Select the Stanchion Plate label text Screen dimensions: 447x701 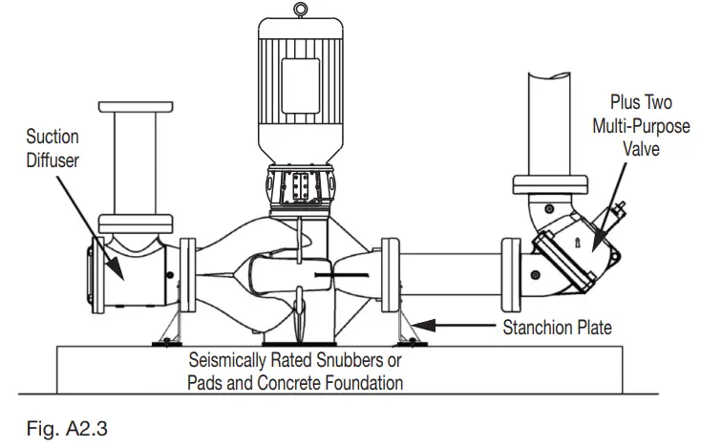click(x=557, y=328)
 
